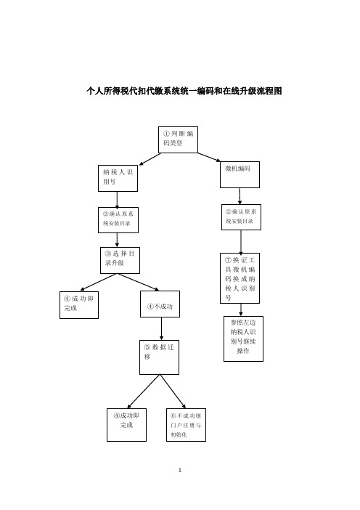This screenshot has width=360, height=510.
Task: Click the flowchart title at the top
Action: click(184, 91)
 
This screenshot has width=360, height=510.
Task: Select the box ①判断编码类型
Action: click(178, 140)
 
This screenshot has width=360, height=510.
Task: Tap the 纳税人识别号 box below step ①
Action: click(118, 178)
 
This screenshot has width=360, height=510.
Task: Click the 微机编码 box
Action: click(240, 174)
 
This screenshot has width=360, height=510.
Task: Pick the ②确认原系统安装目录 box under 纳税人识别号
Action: click(118, 220)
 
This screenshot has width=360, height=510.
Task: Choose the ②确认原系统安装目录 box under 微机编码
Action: click(241, 217)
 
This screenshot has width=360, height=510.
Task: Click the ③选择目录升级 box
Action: click(120, 260)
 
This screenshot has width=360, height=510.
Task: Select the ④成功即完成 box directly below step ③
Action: click(79, 304)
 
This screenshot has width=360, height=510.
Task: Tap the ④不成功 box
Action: click(160, 304)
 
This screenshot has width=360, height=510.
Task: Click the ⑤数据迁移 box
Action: click(159, 357)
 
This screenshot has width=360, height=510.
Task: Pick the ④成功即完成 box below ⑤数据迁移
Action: click(126, 425)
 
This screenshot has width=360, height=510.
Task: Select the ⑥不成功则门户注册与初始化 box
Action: click(186, 425)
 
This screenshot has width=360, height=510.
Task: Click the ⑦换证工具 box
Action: click(240, 278)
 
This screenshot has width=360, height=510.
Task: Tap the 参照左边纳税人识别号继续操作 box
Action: click(243, 339)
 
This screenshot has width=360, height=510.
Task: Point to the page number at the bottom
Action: click(180, 469)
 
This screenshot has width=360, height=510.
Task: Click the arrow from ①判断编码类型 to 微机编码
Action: click(209, 157)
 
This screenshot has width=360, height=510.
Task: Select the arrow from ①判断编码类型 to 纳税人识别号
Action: click(150, 159)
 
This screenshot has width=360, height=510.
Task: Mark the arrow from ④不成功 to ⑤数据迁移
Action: click(161, 329)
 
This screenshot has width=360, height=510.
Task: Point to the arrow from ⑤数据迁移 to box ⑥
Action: click(173, 392)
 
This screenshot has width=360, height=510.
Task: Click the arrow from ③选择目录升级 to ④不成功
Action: click(139, 282)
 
